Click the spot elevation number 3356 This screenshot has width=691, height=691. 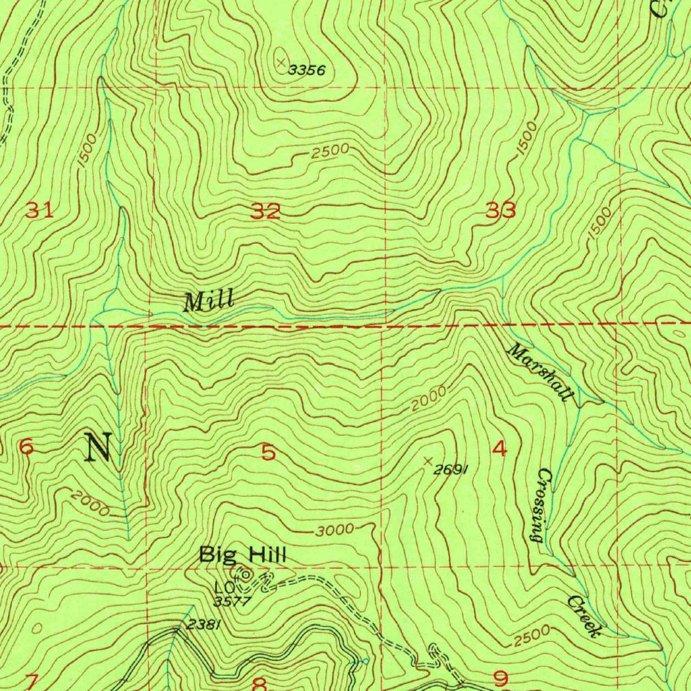pos(307,70)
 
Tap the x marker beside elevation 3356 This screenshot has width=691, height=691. pos(280,61)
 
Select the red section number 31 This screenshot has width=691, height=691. pos(39,211)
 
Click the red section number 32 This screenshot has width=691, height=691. pos(266,212)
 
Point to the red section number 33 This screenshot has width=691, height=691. pos(501,211)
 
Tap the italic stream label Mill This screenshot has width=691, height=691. pos(209,300)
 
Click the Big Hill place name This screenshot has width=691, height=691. pos(242,555)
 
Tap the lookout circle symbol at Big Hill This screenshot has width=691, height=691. pos(246,575)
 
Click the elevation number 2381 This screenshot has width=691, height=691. pos(202,625)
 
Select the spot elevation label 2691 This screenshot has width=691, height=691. pos(451,470)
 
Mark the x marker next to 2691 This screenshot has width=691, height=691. pos(427,461)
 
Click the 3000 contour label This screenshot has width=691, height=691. pos(335,530)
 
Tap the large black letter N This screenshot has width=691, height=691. pos(99,447)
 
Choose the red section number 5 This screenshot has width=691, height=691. pos(269,453)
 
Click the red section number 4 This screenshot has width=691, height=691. pos(499,448)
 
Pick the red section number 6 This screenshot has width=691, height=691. pos(26,447)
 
